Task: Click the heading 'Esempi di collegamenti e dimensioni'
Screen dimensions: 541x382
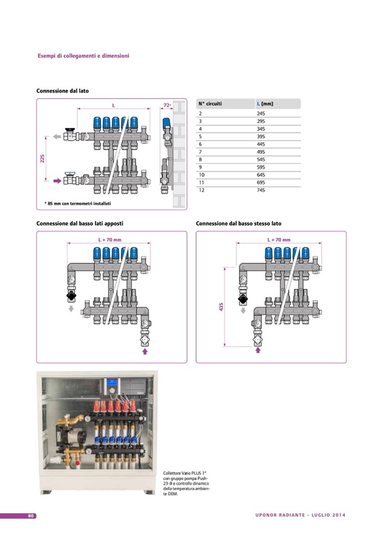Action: [x=83, y=56]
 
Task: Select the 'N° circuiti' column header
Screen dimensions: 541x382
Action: [x=210, y=104]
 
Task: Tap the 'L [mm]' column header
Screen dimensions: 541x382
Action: [x=265, y=104]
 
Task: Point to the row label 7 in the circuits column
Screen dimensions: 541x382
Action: [x=201, y=152]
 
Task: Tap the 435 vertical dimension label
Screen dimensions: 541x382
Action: [x=221, y=307]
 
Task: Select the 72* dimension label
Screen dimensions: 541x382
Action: [x=167, y=105]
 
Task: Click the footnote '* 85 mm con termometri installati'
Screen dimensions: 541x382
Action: [x=77, y=203]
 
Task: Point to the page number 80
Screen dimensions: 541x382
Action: [x=32, y=515]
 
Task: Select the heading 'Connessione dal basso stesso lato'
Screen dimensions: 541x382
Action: [x=238, y=223]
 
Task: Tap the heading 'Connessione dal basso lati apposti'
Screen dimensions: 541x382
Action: [x=79, y=223]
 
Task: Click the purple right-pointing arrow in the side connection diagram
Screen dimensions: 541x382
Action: [x=57, y=182]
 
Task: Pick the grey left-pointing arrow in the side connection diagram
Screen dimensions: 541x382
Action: [x=57, y=136]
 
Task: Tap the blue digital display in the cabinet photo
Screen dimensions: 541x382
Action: [x=112, y=382]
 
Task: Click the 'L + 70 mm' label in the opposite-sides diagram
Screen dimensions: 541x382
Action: [x=109, y=240]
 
